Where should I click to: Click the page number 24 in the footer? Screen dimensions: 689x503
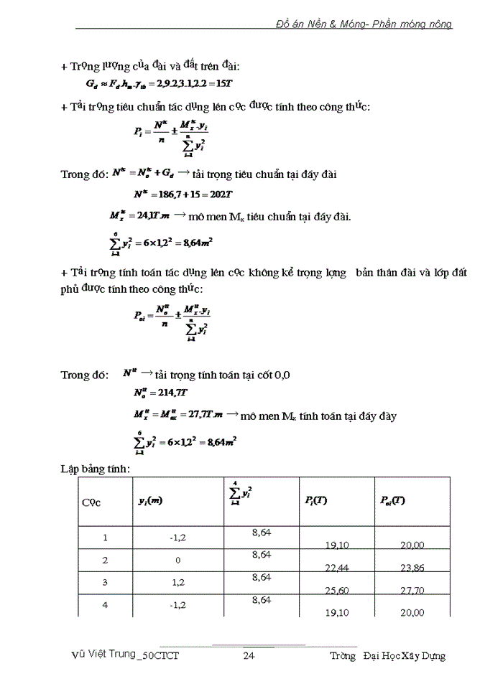pyautogui.click(x=249, y=655)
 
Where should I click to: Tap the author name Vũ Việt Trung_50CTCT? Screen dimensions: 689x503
pyautogui.click(x=126, y=655)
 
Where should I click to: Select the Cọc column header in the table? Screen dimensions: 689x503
pyautogui.click(x=91, y=502)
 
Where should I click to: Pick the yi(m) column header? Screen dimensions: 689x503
pyautogui.click(x=150, y=500)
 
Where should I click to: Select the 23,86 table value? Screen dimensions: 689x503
pyautogui.click(x=412, y=568)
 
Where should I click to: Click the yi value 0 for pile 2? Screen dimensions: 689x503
pyautogui.click(x=175, y=560)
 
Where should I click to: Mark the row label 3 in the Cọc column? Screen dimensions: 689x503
pyautogui.click(x=105, y=582)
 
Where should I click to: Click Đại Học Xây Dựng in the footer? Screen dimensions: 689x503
pyautogui.click(x=405, y=655)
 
